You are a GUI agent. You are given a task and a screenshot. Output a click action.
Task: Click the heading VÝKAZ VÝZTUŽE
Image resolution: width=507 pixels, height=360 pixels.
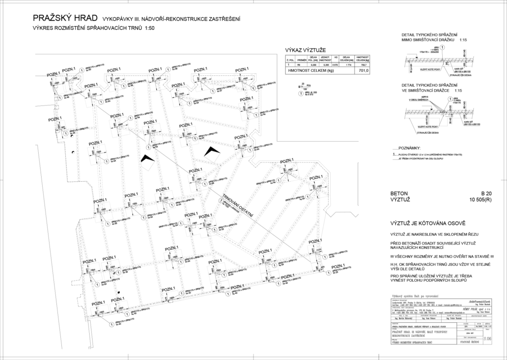pos(303,51)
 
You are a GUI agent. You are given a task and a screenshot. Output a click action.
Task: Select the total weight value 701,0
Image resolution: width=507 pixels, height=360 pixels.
pos(364,71)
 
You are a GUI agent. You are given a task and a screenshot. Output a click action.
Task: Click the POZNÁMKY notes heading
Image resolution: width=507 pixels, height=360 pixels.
pos(409,148)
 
